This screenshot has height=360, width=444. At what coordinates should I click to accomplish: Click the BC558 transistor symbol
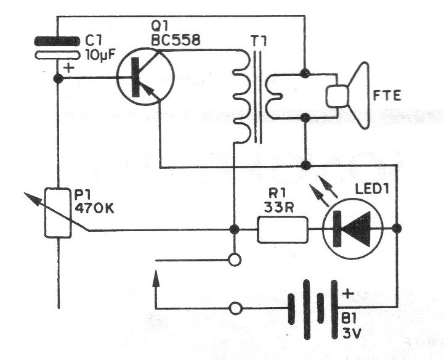(x=145, y=79)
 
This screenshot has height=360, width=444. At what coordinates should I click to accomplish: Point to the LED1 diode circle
(x=353, y=229)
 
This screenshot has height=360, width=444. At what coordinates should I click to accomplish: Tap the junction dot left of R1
(x=234, y=229)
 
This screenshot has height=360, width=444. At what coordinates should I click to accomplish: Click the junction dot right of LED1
(x=398, y=229)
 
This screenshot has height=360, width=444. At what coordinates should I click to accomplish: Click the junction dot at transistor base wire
(x=59, y=79)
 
